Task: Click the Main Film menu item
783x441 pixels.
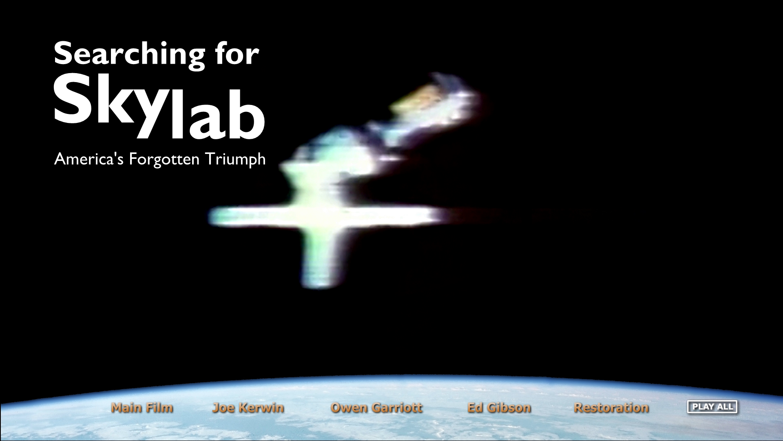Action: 142,408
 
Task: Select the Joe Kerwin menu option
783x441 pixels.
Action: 248,408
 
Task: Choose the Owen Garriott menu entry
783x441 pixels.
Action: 376,408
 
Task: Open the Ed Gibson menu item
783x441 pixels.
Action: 499,408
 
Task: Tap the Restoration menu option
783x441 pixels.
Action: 611,408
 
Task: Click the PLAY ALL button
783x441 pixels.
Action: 712,407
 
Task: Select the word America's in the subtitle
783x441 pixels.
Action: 88,159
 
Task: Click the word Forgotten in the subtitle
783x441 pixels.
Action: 164,159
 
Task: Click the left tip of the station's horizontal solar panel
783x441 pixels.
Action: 210,216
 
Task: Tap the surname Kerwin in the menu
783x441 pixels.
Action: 261,408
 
